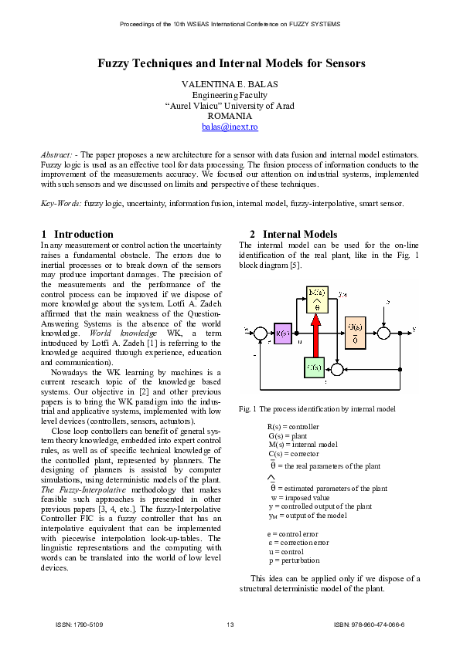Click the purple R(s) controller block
tap(281, 333)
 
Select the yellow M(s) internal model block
tap(316, 300)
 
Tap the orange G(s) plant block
tap(354, 331)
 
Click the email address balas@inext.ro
tap(230, 127)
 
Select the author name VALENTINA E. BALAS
tap(230, 83)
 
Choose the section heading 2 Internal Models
tap(293, 234)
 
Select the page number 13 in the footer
tap(230, 624)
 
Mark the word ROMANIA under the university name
tap(230, 116)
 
